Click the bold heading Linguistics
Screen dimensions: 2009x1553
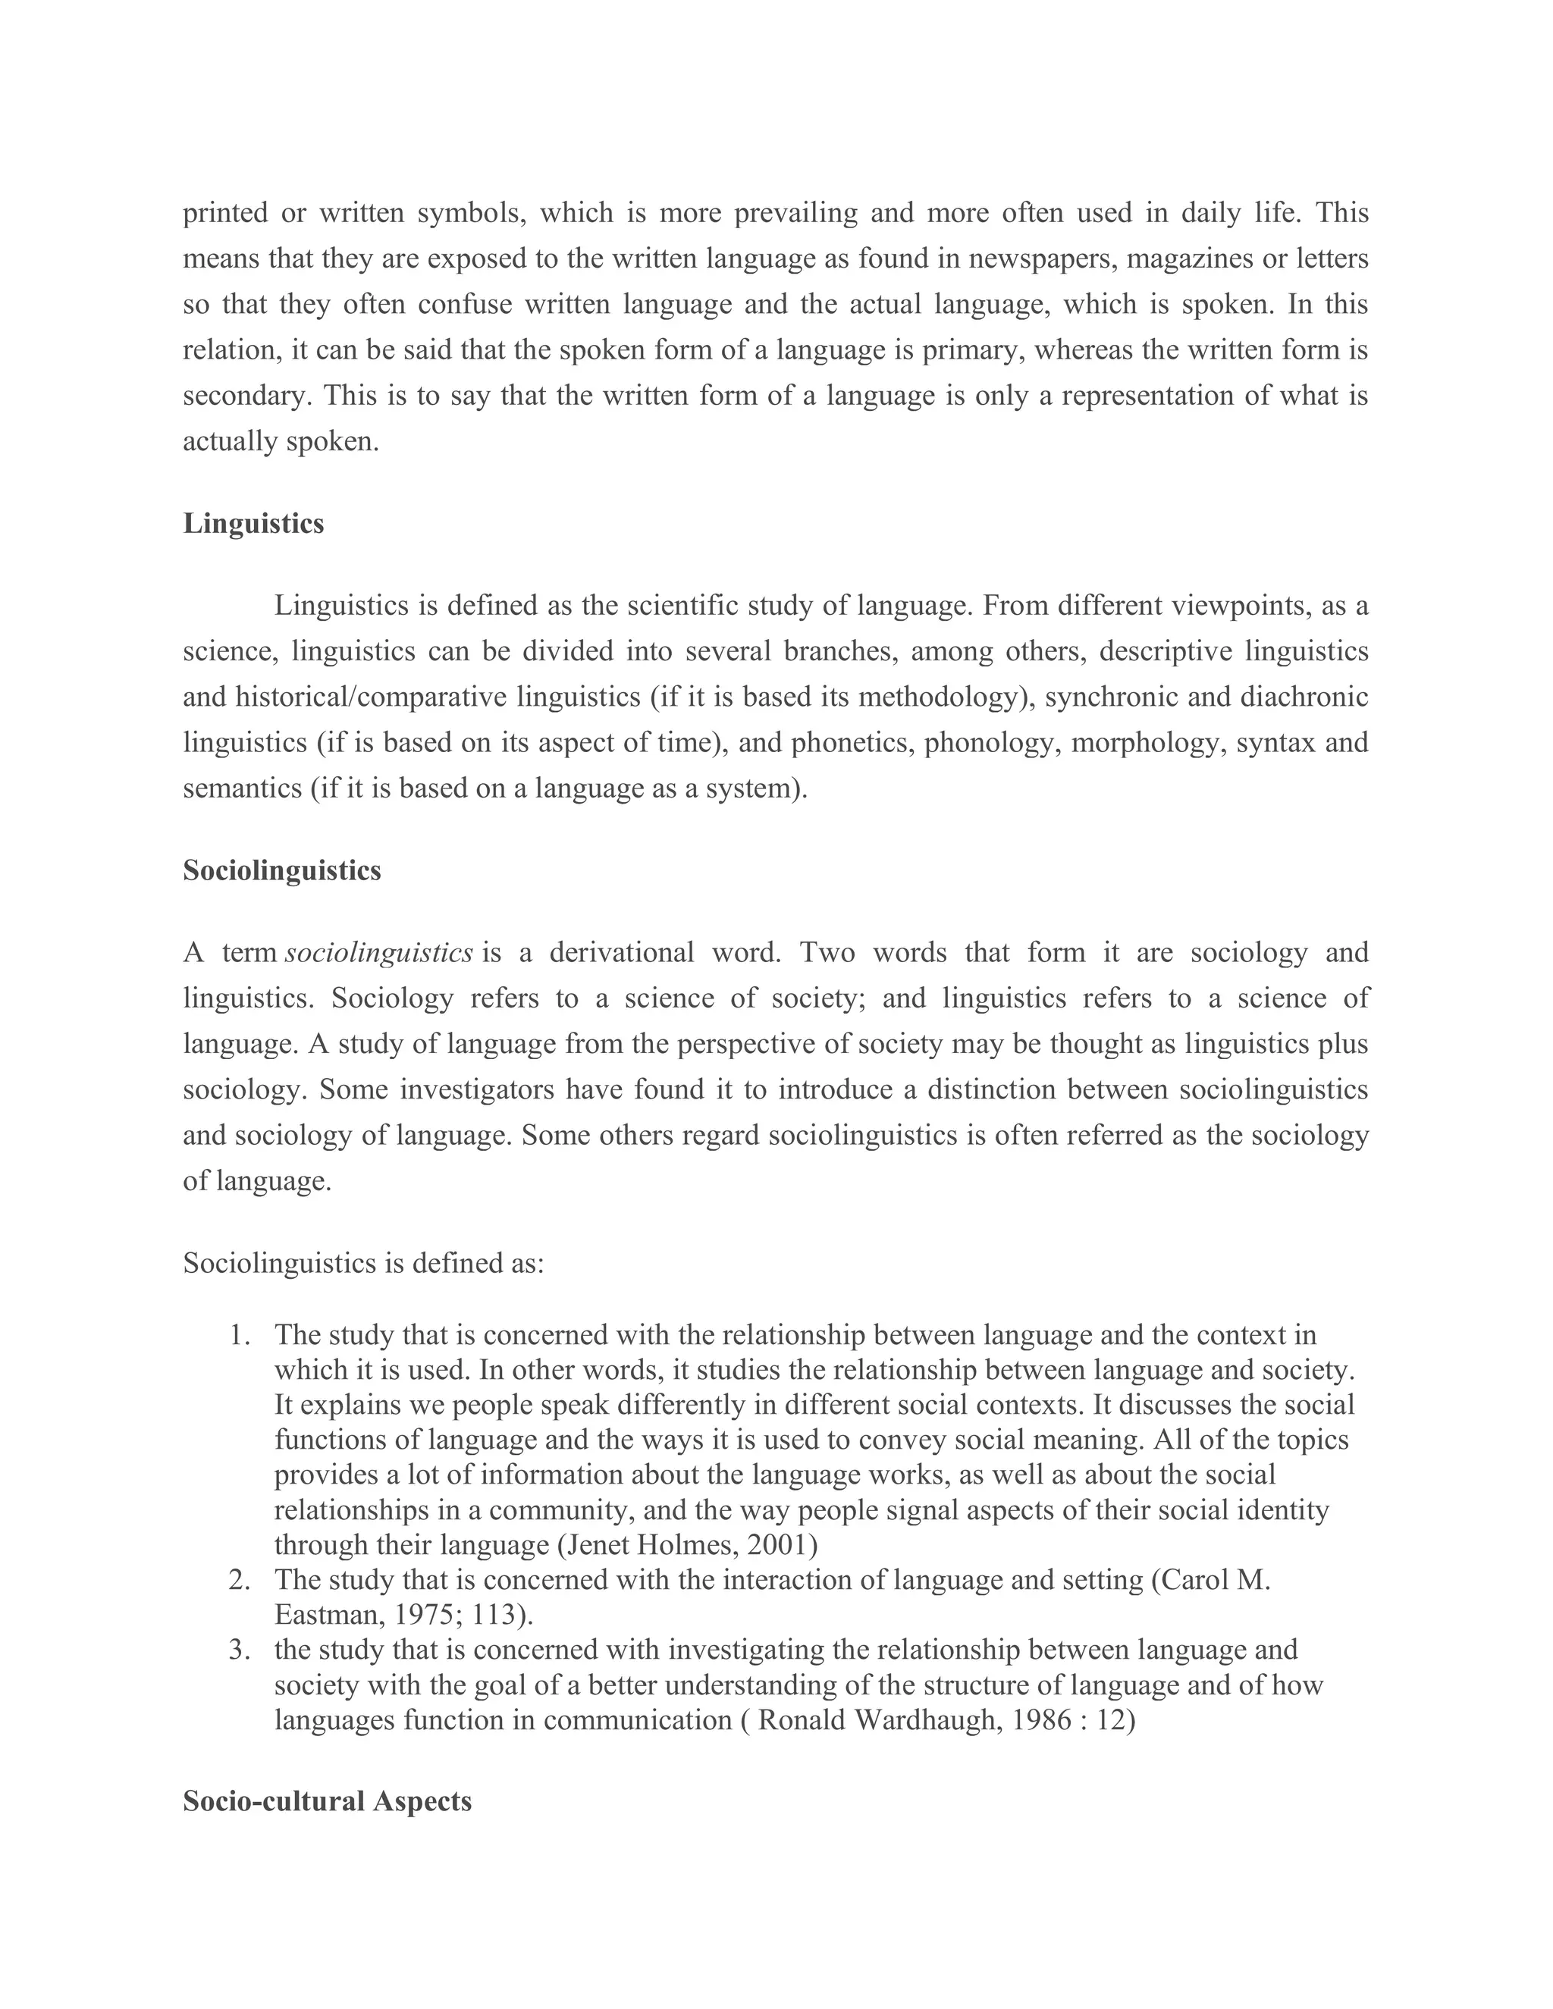coord(253,523)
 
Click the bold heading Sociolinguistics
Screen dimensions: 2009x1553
coord(281,870)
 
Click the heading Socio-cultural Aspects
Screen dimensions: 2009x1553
coord(327,1801)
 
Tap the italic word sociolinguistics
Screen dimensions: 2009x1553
coord(379,953)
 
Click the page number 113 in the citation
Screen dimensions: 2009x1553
coord(494,1614)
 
